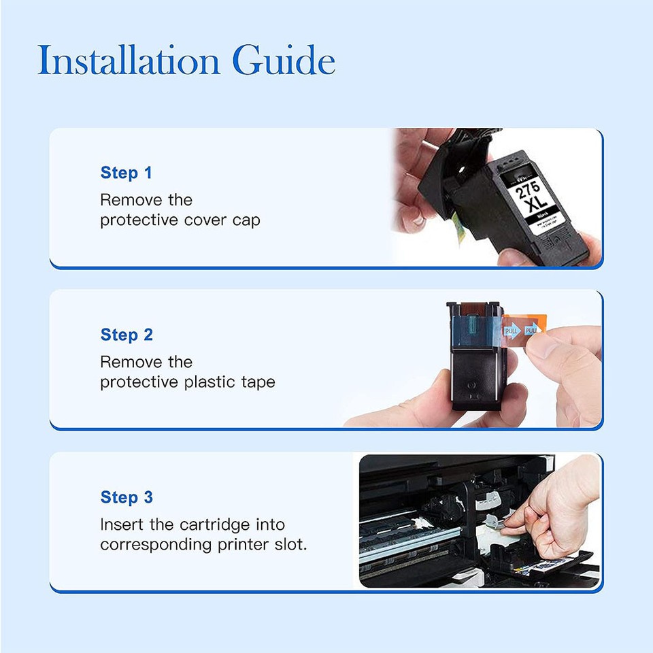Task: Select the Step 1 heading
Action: (x=126, y=173)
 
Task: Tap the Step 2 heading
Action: (x=127, y=335)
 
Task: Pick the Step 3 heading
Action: (x=127, y=497)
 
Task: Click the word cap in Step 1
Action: (x=246, y=222)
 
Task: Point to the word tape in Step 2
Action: (x=258, y=383)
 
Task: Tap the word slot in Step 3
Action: (x=290, y=546)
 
